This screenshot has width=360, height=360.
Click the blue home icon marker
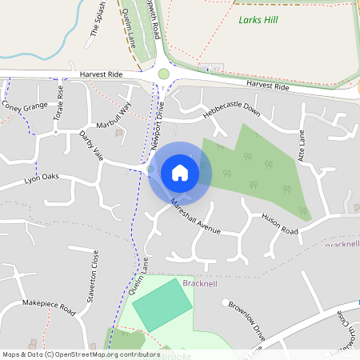[180, 171]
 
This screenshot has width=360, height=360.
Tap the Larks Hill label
[258, 18]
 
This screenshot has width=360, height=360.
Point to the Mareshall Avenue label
[194, 218]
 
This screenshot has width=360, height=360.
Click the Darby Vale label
[92, 145]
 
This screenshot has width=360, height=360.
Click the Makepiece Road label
[48, 305]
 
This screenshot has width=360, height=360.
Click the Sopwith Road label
[157, 20]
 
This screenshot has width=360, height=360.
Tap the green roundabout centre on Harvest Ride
[164, 74]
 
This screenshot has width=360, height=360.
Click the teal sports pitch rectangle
[162, 305]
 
